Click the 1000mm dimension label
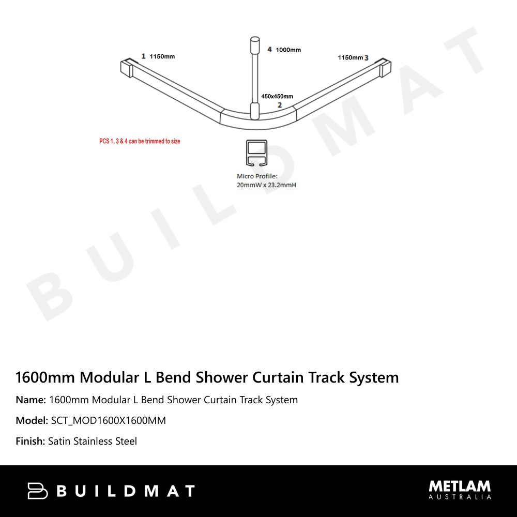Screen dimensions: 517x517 coord(288,50)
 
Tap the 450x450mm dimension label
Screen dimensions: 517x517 coord(277,96)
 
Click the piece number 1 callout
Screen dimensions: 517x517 coord(143,56)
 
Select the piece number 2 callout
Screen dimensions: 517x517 coord(280,105)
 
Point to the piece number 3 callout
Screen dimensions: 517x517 coord(367,58)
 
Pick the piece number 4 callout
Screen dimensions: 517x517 coord(269,50)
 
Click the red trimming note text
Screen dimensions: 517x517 coord(140,141)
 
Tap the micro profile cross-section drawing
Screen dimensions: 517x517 coord(256,153)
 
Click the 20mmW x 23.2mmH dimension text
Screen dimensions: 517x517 coord(266,185)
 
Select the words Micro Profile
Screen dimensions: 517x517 coord(257,176)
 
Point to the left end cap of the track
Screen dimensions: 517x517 coord(127,68)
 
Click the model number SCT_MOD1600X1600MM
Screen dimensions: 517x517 coord(109,420)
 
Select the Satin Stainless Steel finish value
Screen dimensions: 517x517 coord(93,441)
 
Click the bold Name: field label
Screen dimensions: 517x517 coord(31,400)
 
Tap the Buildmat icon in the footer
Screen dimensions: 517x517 coord(38,491)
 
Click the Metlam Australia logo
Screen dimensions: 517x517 coord(460,490)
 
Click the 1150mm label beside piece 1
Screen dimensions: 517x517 coord(162,56)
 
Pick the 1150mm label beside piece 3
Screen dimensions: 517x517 coord(350,58)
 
